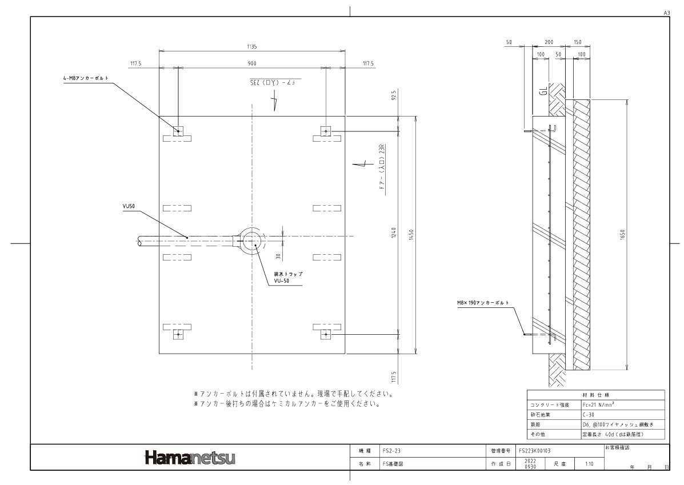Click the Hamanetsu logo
pyautogui.click(x=190, y=458)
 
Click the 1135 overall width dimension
pyautogui.click(x=251, y=46)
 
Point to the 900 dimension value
pyautogui.click(x=251, y=63)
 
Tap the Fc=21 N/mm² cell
pyautogui.click(x=598, y=404)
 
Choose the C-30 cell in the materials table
pyautogui.click(x=588, y=415)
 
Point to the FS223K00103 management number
pyautogui.click(x=535, y=451)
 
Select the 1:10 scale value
pyautogui.click(x=589, y=464)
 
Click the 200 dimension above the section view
pyautogui.click(x=549, y=43)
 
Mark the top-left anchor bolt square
pyautogui.click(x=178, y=131)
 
